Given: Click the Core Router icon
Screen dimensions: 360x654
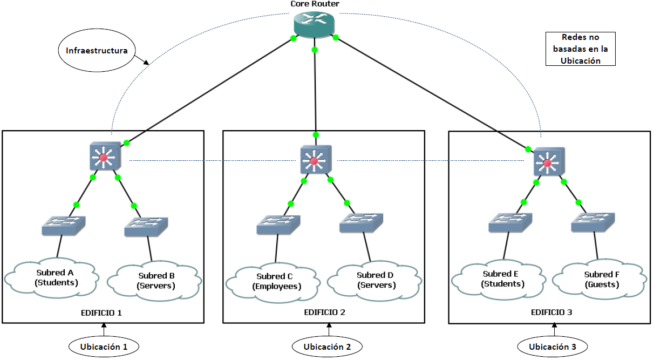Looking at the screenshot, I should point(315,24).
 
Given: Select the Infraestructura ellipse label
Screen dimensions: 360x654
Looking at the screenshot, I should point(97,51).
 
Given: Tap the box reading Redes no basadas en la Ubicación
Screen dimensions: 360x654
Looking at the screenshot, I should point(581,49).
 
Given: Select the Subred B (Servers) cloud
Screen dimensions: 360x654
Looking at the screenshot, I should point(155,280).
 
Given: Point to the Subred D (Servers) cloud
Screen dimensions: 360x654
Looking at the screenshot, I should point(376,280).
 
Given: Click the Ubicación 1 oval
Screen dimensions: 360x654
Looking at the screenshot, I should point(104,347).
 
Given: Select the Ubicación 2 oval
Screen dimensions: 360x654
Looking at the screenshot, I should point(327,347).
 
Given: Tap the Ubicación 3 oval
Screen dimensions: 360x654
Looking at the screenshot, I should point(552,347).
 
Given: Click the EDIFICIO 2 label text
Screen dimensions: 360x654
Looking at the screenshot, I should point(324,313).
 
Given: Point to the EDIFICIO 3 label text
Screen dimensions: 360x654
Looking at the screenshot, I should point(551,313).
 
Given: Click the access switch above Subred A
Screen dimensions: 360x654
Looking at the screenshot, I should point(64,225).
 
